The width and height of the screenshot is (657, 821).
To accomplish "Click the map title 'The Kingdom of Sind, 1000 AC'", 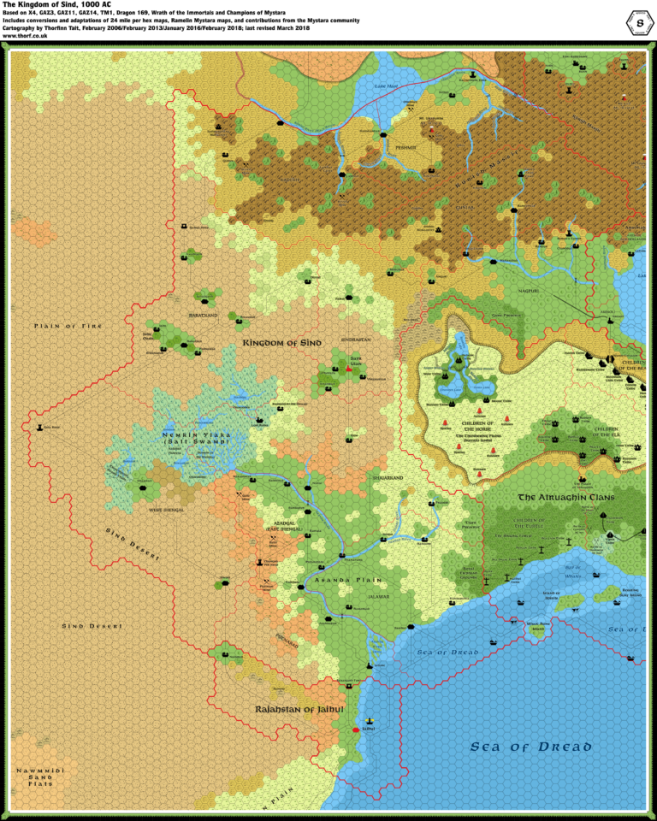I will [x=56, y=5].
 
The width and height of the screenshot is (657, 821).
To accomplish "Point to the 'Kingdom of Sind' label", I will [x=281, y=343].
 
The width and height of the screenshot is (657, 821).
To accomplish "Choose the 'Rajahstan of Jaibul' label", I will [x=299, y=710].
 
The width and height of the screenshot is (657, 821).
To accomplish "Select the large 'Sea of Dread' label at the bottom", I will [x=530, y=747].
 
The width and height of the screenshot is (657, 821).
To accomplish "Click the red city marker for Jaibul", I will [x=356, y=730].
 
